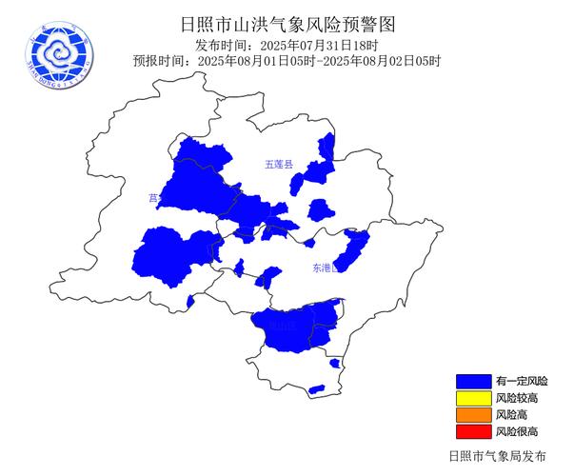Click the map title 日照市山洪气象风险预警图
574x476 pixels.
[x=287, y=24]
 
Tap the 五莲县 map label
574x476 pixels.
[x=280, y=165]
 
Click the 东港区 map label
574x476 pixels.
[x=325, y=269]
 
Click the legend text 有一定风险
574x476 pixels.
[x=521, y=380]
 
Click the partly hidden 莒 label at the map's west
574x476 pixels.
[x=153, y=198]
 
